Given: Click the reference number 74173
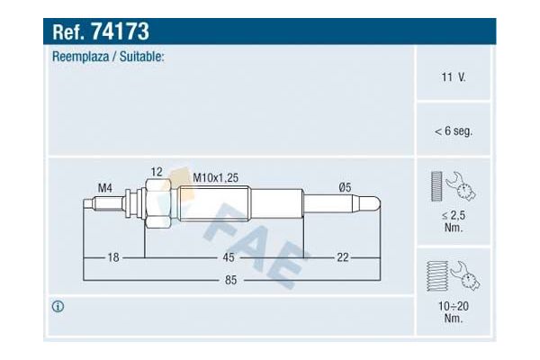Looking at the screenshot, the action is click(x=120, y=31).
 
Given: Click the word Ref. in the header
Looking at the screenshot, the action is click(x=68, y=31).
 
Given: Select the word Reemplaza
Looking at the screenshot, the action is click(x=80, y=57).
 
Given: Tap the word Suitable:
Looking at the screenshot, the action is click(x=141, y=57).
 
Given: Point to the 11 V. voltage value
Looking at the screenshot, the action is click(x=454, y=76).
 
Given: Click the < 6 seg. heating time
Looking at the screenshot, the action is click(x=454, y=130).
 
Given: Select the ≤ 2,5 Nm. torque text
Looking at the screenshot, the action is click(x=454, y=221).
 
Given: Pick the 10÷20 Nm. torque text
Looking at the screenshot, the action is click(x=454, y=311).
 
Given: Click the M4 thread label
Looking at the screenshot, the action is click(x=104, y=188).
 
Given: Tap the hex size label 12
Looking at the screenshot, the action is click(x=157, y=172).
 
